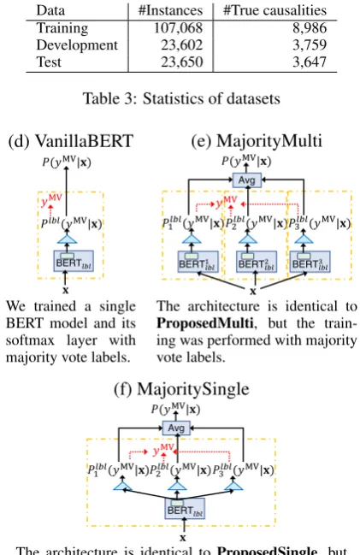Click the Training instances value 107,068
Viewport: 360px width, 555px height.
(x=178, y=28)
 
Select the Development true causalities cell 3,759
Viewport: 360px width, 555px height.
(x=309, y=45)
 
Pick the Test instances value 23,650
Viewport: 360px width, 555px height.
(x=182, y=62)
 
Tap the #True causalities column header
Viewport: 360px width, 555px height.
(x=274, y=10)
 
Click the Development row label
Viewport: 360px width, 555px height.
(x=77, y=45)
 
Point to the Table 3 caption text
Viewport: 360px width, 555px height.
(x=181, y=98)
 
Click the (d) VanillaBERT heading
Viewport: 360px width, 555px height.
(x=71, y=141)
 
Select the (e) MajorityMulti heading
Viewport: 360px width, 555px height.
(x=257, y=141)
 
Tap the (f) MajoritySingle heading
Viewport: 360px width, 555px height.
(x=181, y=388)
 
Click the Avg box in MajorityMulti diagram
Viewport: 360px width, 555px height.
(x=247, y=180)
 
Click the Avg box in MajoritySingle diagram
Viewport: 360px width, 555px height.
(x=176, y=428)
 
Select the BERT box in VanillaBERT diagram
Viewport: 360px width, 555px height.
(x=74, y=261)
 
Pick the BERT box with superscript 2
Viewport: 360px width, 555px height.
(x=257, y=262)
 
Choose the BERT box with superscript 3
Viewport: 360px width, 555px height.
(x=310, y=262)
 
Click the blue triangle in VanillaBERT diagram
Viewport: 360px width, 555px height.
(x=67, y=239)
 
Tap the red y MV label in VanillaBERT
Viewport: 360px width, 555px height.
(x=51, y=200)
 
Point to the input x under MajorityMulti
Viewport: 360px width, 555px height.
(x=253, y=292)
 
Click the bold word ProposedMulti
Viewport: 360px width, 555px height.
(x=205, y=323)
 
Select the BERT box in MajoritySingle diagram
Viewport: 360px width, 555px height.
(x=185, y=509)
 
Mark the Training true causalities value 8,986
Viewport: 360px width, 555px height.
(x=310, y=28)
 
